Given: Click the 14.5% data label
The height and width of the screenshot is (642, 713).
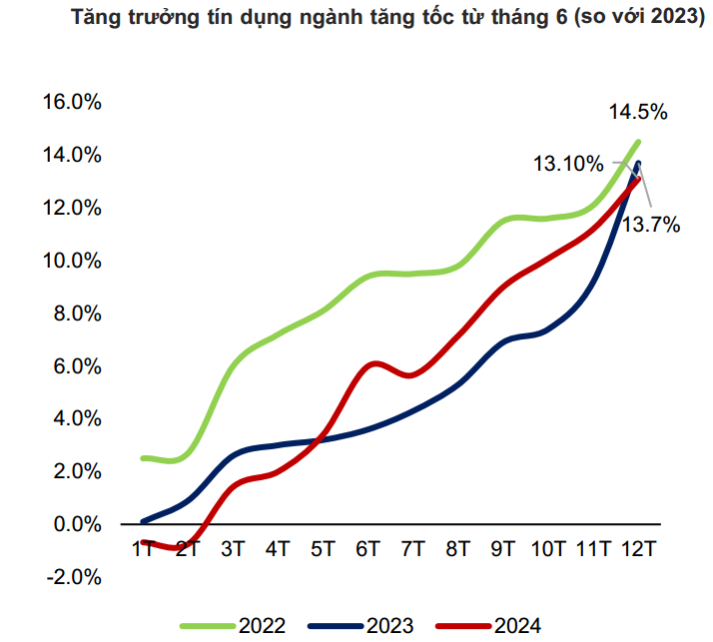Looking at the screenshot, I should (638, 111).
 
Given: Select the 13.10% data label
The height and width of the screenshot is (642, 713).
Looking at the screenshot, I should (567, 164).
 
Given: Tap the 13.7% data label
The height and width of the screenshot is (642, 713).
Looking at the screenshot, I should (651, 225).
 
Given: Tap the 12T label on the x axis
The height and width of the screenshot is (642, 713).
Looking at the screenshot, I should (637, 548).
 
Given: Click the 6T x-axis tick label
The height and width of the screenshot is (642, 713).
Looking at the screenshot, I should (367, 548).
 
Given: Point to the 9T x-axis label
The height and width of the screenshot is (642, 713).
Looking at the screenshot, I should (502, 548).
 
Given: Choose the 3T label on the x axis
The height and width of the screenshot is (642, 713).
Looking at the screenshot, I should (233, 548).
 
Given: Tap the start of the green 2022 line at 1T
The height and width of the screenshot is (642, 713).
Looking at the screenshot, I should (144, 457).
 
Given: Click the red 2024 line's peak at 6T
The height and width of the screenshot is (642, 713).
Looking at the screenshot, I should (371, 363).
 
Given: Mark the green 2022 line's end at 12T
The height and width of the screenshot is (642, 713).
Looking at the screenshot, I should (637, 142).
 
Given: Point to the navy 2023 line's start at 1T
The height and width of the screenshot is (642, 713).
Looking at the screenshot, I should (144, 521).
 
